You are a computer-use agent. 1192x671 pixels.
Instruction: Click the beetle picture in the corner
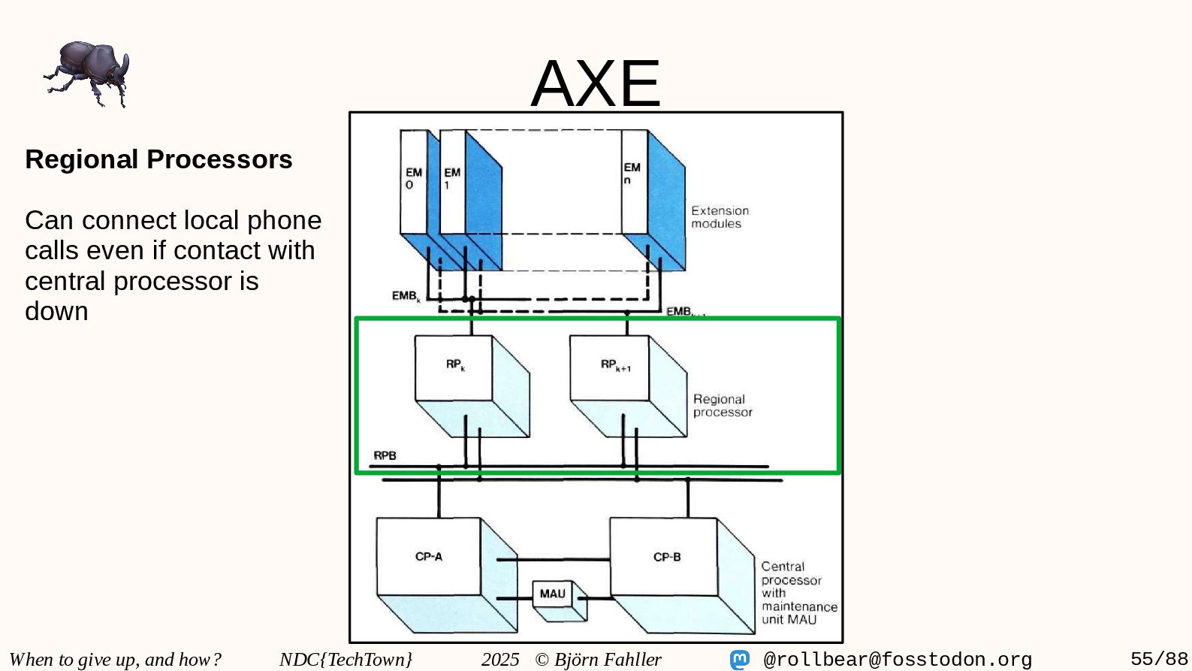(x=87, y=74)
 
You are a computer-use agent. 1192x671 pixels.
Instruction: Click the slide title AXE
(x=596, y=83)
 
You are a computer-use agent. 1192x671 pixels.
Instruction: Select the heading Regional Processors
(x=158, y=159)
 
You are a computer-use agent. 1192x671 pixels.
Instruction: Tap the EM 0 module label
(x=413, y=179)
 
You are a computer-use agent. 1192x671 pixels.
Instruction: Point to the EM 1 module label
(x=451, y=179)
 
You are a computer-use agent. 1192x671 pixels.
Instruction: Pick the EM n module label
(x=632, y=174)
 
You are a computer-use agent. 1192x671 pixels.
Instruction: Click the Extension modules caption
(x=720, y=217)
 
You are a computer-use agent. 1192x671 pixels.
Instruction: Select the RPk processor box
(x=454, y=367)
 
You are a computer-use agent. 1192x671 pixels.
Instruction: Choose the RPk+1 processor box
(x=610, y=367)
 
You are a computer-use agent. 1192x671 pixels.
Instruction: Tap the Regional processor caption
(x=722, y=406)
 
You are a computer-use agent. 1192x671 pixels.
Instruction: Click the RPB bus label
(x=385, y=455)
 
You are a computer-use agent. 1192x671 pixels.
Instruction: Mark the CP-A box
(x=429, y=557)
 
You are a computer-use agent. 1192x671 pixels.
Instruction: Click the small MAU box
(x=552, y=594)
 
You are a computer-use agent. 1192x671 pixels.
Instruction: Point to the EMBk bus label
(x=406, y=296)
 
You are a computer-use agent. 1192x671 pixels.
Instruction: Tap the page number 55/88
(x=1159, y=659)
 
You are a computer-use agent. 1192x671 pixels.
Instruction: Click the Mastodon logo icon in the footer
(x=740, y=660)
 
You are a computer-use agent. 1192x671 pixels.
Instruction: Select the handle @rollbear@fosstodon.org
(x=898, y=660)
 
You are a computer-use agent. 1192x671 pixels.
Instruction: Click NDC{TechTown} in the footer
(x=346, y=660)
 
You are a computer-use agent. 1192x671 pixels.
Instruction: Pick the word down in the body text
(x=56, y=311)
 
